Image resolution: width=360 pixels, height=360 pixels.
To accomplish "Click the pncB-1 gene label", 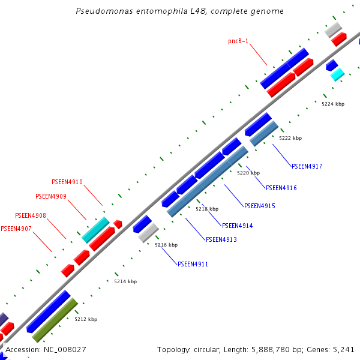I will (238, 41).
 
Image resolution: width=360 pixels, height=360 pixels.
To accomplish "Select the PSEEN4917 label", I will (307, 166).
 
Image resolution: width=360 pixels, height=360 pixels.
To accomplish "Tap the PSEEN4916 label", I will (281, 188).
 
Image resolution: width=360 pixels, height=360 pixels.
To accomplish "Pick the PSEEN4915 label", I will (260, 206).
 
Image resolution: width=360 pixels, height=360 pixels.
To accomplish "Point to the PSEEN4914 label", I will (238, 226).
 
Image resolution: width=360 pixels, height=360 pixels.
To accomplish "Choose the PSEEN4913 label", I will (221, 239).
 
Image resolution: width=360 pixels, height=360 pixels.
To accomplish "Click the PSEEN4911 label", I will (193, 263).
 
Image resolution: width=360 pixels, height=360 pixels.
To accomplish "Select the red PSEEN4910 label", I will (67, 182).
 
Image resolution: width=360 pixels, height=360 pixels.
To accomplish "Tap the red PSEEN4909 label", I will (51, 196).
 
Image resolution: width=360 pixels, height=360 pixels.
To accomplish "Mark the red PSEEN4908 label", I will (31, 215).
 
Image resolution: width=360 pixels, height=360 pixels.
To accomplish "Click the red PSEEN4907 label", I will (16, 229).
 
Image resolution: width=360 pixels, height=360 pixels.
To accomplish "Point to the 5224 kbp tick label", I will (333, 104).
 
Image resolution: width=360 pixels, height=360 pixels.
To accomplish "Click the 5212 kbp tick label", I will (86, 319).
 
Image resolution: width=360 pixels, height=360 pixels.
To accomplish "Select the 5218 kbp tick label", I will (207, 209).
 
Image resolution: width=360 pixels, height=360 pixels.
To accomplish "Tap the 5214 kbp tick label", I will (125, 281).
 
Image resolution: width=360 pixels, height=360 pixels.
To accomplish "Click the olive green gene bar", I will (55, 320).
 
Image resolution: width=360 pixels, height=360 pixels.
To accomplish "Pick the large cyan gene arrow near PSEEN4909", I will (95, 230).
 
